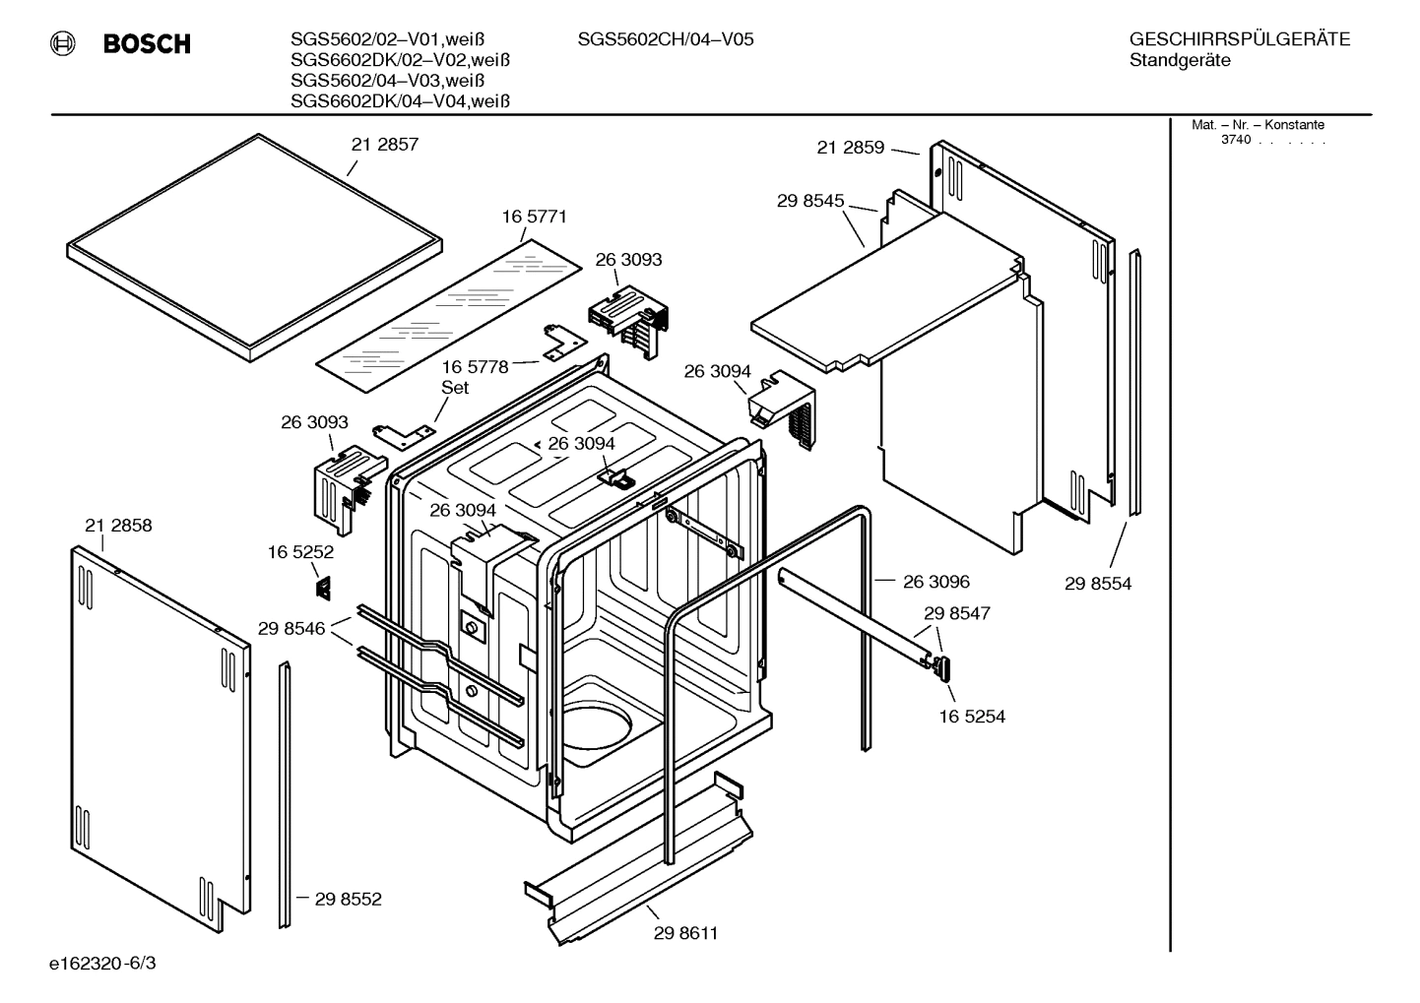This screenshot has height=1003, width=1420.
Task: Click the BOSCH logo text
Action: click(x=147, y=44)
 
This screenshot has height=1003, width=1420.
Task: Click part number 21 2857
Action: click(x=385, y=145)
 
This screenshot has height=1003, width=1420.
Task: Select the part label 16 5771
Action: click(x=534, y=217)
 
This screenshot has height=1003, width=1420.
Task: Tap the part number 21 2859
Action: click(x=851, y=148)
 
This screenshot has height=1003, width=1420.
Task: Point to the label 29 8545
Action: click(x=810, y=201)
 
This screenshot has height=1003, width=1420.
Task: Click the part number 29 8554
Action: click(x=1098, y=584)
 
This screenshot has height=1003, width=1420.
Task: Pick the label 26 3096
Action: click(x=936, y=582)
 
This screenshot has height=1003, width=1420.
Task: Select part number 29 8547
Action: click(x=956, y=613)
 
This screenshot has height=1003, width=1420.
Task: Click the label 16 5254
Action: click(x=972, y=717)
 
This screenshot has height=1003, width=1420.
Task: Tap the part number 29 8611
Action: click(x=685, y=933)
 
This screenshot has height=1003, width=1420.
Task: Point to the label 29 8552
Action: click(x=349, y=899)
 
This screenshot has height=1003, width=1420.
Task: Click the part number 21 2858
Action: click(x=118, y=526)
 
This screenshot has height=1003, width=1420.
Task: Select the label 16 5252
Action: click(x=300, y=553)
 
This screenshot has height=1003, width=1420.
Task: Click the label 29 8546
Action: click(x=291, y=628)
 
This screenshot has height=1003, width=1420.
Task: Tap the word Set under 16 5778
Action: click(x=455, y=388)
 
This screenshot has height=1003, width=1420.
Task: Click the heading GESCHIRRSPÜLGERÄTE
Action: click(x=1240, y=40)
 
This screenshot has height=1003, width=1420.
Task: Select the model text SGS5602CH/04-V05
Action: click(x=666, y=40)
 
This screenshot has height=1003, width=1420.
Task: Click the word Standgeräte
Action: click(x=1180, y=61)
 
